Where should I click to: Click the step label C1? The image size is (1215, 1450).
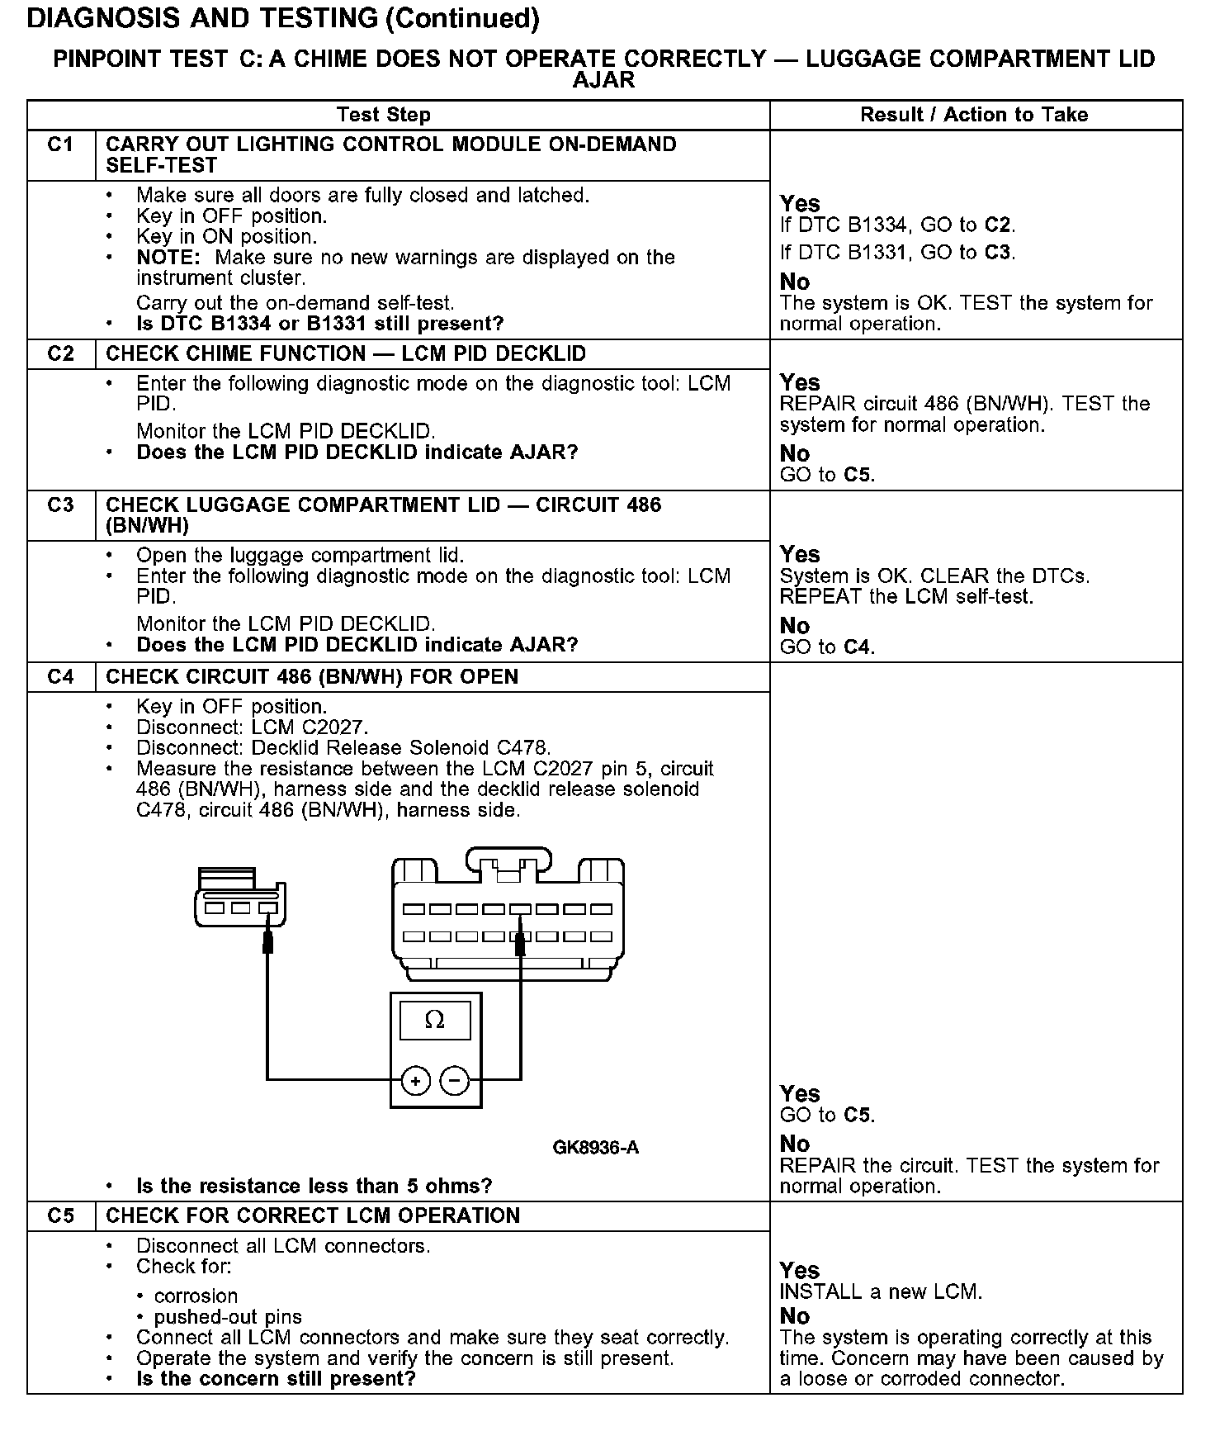point(60,145)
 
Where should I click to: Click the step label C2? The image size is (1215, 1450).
point(60,354)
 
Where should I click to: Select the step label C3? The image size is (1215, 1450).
point(60,505)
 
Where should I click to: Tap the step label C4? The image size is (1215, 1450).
point(60,677)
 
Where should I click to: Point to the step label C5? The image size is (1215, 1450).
point(60,1216)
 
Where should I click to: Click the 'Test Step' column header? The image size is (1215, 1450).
point(383,116)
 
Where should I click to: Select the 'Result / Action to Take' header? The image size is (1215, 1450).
point(974,116)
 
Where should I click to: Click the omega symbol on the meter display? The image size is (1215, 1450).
point(434,1021)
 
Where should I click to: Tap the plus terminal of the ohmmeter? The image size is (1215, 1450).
point(416,1080)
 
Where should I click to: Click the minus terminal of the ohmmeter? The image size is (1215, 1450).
point(454,1080)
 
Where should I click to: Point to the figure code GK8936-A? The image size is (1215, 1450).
point(595,1148)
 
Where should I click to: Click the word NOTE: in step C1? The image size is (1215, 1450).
point(168,258)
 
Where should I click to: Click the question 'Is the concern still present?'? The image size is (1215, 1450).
point(276,1379)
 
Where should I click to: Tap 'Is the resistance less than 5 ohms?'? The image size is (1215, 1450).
point(314,1187)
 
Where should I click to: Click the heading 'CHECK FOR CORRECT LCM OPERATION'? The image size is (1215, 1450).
point(313,1216)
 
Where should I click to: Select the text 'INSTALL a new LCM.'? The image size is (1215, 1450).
point(881,1292)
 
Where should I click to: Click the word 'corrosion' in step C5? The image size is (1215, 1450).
point(196,1296)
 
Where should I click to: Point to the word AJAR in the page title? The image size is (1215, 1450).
point(603,80)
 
